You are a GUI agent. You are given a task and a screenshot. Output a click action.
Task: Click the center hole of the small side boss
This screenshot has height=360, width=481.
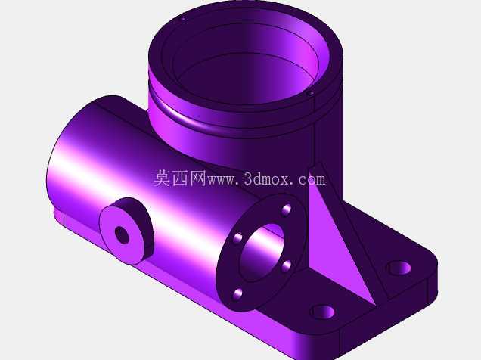122,235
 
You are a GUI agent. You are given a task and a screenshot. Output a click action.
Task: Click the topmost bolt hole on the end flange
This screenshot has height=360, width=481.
286,210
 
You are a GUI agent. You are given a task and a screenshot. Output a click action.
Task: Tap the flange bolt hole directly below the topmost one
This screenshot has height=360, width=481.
287,266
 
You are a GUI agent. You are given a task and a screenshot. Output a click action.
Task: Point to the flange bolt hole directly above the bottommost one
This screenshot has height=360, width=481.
237,238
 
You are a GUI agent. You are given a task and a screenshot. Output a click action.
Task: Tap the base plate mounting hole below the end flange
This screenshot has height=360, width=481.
322,312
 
